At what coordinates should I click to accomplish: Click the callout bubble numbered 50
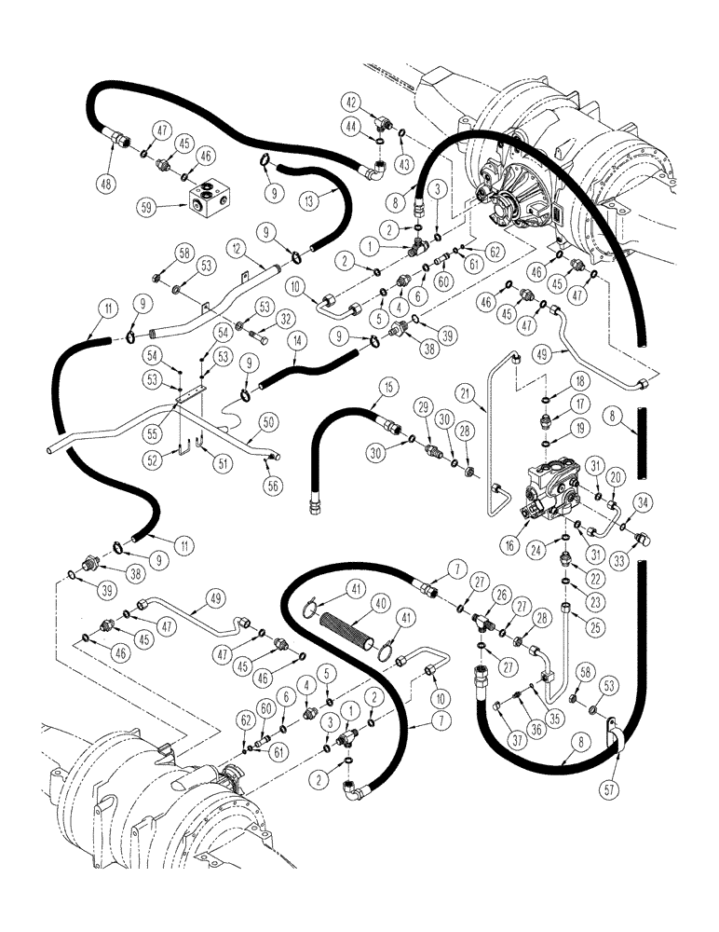tap(269, 421)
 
